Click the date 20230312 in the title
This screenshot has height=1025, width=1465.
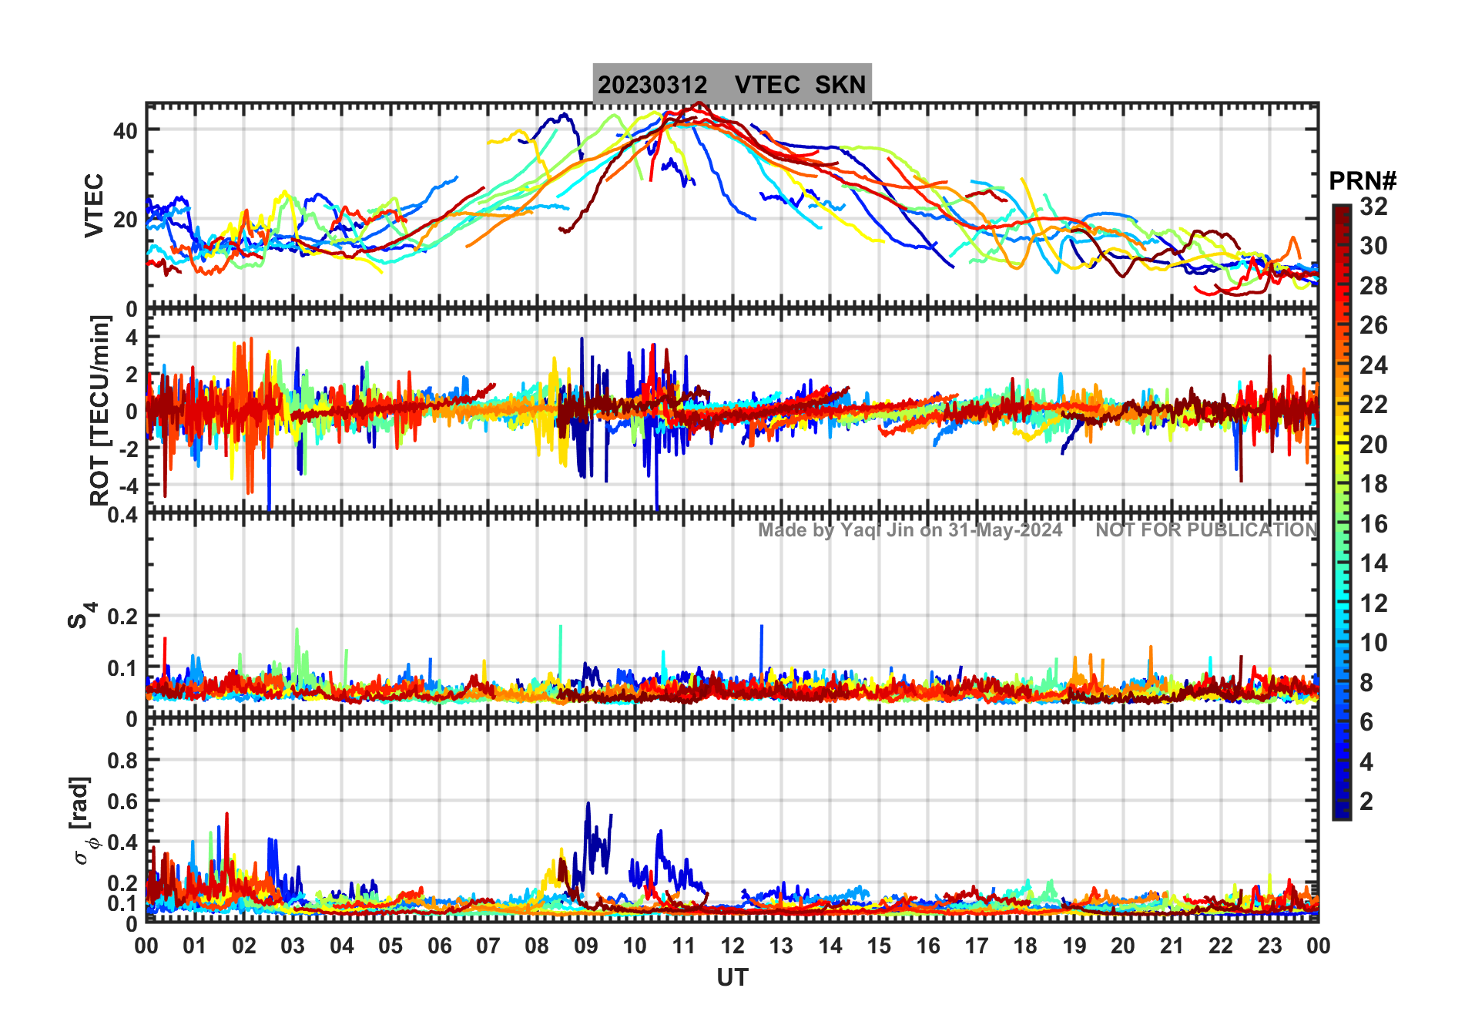(652, 85)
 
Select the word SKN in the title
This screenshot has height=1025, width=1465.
(840, 85)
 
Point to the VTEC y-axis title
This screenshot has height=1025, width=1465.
(93, 205)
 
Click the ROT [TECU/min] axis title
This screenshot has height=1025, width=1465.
(99, 410)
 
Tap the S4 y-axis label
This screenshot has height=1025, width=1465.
(81, 617)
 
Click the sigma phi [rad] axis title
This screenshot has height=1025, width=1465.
(82, 821)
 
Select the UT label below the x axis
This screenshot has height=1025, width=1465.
(732, 978)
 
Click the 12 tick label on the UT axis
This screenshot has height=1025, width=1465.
(732, 946)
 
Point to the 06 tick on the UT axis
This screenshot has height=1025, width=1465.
(439, 946)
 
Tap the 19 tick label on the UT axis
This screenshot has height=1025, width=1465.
(1074, 946)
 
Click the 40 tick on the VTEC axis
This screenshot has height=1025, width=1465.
(126, 130)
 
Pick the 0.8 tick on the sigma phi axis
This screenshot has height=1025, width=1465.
(122, 761)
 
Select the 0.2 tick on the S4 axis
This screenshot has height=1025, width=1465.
(122, 617)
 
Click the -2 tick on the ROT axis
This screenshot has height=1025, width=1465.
(129, 449)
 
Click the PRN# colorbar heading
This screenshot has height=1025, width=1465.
(1363, 182)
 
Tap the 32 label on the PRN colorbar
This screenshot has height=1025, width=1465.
(1373, 207)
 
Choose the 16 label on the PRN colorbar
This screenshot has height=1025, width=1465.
(1373, 524)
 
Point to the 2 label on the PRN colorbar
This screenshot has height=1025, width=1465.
(1366, 802)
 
